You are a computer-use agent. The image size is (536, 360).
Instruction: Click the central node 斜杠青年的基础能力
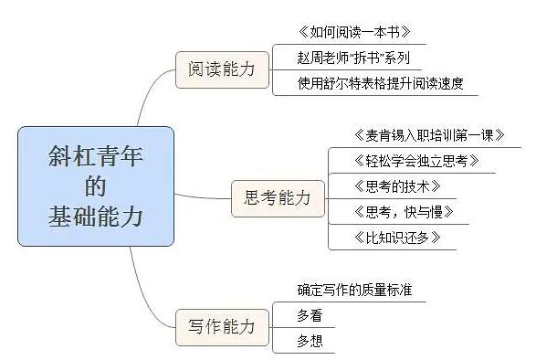point(95,186)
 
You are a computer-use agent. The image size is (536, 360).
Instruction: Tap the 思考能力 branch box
point(271,197)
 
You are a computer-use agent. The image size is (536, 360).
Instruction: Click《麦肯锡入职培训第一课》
point(415,135)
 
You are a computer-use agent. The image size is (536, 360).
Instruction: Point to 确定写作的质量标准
point(354,291)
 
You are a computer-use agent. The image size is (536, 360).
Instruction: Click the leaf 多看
point(310,316)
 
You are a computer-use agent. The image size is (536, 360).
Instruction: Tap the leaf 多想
point(310,342)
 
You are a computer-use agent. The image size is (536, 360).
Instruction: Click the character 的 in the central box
point(95,186)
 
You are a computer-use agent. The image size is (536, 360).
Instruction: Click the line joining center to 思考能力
point(202,195)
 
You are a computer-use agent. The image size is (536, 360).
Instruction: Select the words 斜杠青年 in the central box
point(95,157)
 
